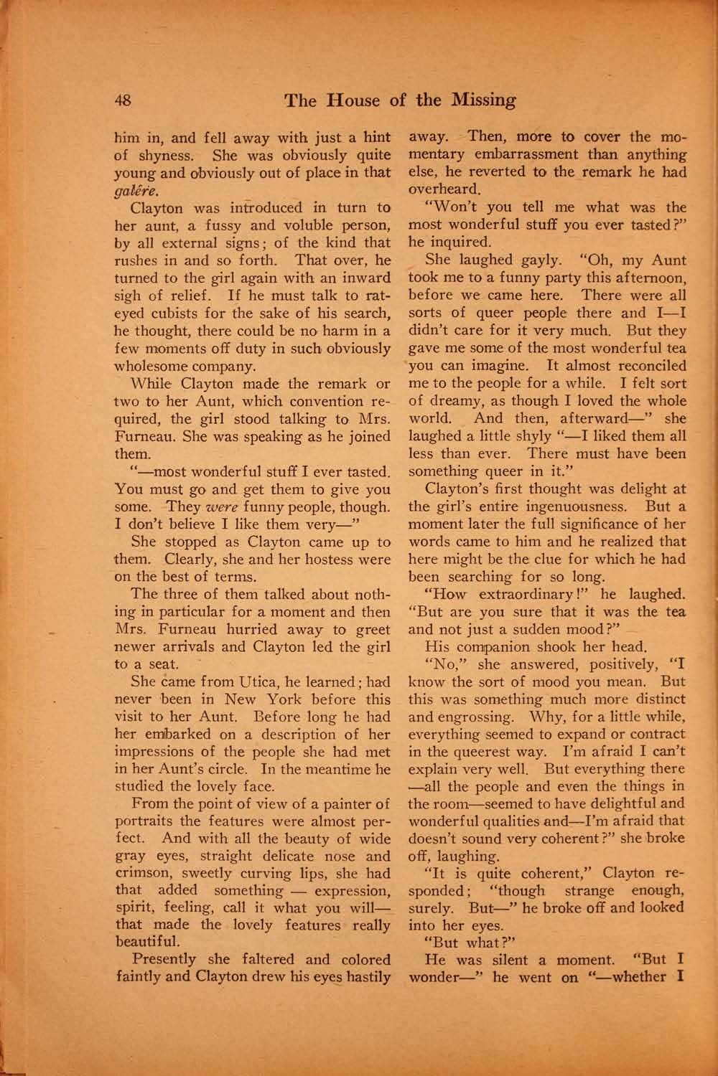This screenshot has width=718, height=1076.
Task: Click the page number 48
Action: click(123, 100)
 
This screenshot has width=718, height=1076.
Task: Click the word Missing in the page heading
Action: click(482, 100)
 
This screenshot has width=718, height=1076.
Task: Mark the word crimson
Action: click(148, 874)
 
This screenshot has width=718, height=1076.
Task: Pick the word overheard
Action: click(444, 190)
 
